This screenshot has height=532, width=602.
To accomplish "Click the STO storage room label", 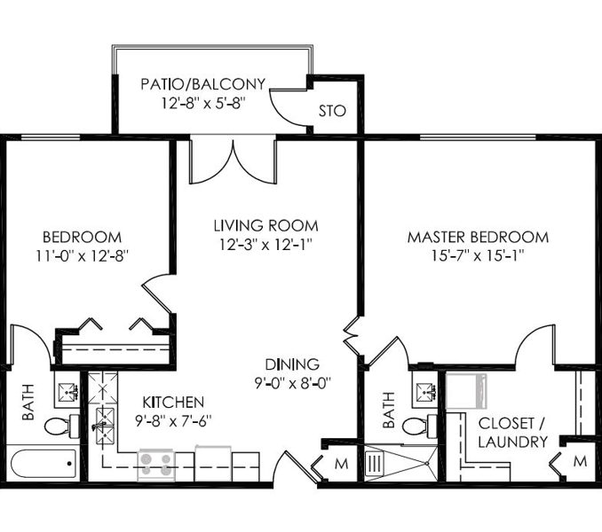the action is pos(332,111).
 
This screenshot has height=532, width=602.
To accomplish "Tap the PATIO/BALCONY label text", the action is pos(203,84).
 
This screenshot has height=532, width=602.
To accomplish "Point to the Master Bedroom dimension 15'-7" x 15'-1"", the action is pos(478,256).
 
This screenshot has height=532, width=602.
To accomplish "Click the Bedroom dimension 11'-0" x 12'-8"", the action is pos(82,256).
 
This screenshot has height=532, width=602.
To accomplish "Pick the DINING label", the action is pos(292,364).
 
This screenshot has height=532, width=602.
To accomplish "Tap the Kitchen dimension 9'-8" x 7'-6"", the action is pos(173,422).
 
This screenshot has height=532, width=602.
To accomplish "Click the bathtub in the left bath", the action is pos(43,464).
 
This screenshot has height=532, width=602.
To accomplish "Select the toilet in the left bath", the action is pos(62,426).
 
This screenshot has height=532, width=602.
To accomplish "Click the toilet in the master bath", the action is pos(420,426).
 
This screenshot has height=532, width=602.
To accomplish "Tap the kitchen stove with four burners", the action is pos(156,464).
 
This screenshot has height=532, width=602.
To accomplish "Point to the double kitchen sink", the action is pos(105,426).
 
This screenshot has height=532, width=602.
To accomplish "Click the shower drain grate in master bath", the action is pos(375,464).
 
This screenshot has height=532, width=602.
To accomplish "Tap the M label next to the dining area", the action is pos(341,464).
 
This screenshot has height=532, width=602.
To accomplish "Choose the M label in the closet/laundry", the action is pos(580,461).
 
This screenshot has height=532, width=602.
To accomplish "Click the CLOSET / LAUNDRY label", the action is pos(513,433).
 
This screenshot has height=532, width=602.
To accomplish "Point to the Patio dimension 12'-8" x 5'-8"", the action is pos(203,103).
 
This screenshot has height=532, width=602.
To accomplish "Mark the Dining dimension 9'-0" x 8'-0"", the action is pos(293,383).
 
